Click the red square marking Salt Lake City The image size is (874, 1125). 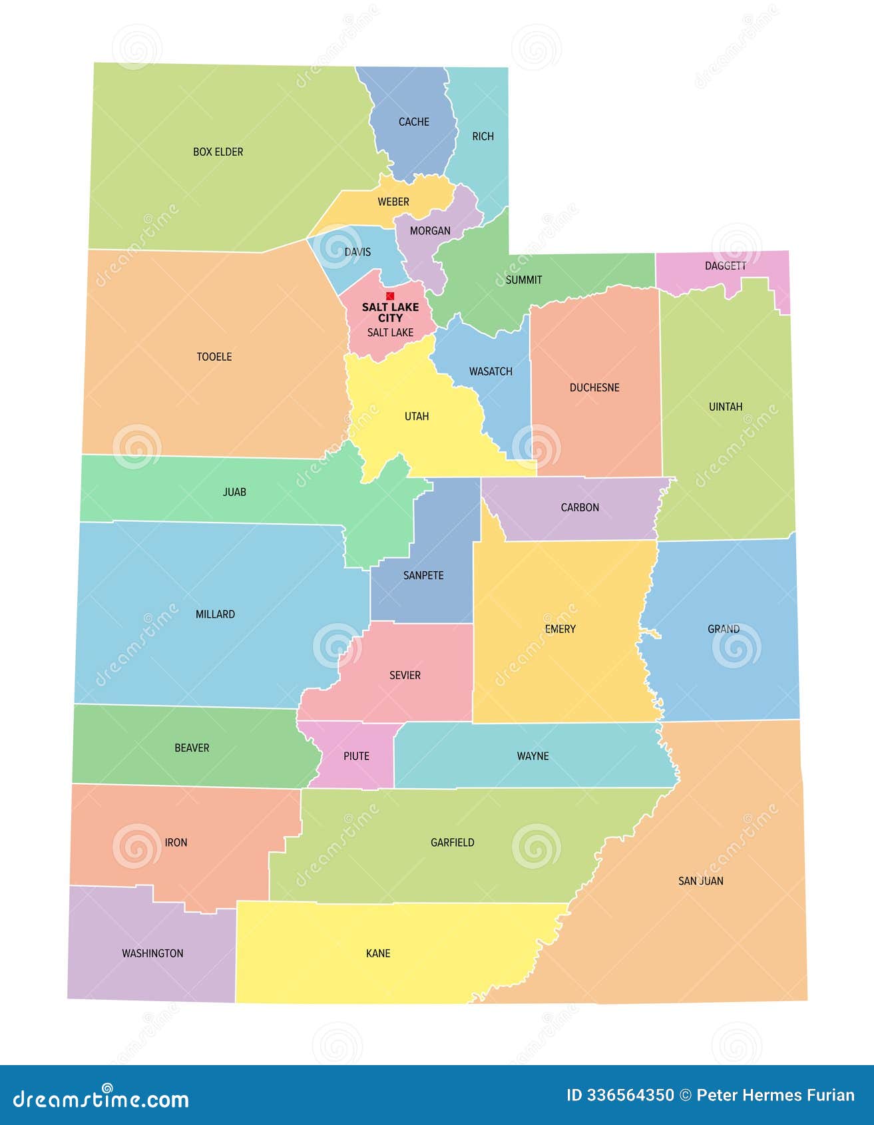tap(390, 296)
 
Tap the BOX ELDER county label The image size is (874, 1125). tap(218, 152)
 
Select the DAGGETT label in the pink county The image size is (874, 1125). tap(725, 266)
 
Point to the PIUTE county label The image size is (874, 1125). tap(356, 756)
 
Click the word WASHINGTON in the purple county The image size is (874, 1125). tap(152, 953)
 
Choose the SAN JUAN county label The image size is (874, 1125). tap(700, 881)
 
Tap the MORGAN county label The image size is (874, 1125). tap(430, 231)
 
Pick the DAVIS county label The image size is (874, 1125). tap(357, 252)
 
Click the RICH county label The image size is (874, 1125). tap(483, 136)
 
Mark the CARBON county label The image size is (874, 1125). tap(580, 507)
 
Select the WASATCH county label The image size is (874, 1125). tap(491, 371)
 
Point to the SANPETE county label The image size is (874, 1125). tap(423, 575)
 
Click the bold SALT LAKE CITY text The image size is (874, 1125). tap(390, 312)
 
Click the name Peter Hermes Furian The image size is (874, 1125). tap(775, 1095)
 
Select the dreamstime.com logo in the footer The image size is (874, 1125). tap(101, 1099)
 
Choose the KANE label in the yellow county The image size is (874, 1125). tap(378, 953)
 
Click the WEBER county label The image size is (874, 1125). tap(393, 202)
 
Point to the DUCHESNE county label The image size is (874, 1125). tap(594, 387)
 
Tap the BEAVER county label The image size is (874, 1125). tap(192, 748)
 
